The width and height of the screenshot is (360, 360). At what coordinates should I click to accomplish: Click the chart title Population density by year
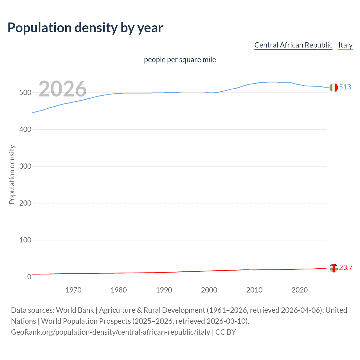(x=85, y=28)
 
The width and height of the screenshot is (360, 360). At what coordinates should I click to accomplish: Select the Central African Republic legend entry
(x=293, y=45)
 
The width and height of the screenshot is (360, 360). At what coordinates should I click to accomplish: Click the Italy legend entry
(x=345, y=45)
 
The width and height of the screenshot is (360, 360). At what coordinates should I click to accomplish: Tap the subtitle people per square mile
(x=180, y=60)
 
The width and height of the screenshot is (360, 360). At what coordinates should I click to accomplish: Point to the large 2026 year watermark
(x=62, y=89)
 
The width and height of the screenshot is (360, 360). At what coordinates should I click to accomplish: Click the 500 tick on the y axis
(x=25, y=93)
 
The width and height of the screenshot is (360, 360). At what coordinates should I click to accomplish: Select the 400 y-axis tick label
(x=25, y=130)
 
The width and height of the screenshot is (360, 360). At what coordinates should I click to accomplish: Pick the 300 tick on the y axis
(x=25, y=166)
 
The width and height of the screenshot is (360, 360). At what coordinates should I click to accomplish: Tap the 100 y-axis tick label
(x=25, y=240)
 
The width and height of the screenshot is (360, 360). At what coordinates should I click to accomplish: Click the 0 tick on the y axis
(x=29, y=277)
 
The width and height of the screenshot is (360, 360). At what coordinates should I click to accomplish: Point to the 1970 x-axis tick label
(x=73, y=290)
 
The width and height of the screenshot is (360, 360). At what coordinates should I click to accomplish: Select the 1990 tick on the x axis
(x=164, y=290)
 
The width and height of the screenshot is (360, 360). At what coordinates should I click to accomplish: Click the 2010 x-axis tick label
(x=254, y=290)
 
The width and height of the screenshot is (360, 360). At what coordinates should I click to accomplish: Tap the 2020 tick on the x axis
(x=300, y=290)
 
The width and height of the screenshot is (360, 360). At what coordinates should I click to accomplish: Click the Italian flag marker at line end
(x=334, y=87)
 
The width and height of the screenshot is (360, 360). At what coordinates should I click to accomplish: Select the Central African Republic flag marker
(x=334, y=268)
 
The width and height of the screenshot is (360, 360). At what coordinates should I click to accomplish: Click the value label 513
(x=345, y=87)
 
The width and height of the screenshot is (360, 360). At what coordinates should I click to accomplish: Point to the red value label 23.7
(x=346, y=268)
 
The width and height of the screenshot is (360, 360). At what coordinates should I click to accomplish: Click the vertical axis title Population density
(x=12, y=174)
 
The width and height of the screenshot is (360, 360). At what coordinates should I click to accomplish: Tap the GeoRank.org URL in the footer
(x=111, y=332)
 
